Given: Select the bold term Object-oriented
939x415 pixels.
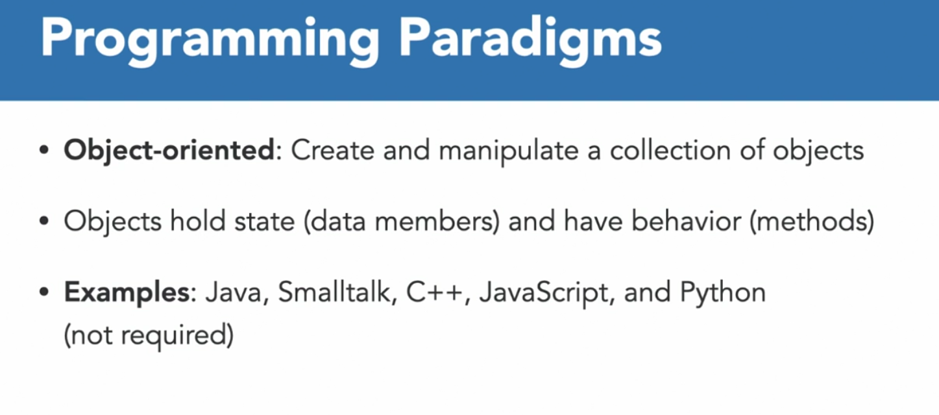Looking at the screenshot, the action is pos(169,151).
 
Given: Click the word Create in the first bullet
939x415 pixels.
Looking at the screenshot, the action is pos(332,150).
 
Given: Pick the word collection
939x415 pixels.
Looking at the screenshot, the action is pos(670,150).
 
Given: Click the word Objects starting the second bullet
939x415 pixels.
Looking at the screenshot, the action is pos(112,221).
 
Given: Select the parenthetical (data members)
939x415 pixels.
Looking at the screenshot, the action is pos(402,221).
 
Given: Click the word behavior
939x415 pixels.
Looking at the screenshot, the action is pos(686,221).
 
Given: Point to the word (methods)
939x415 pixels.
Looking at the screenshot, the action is pos(812,221).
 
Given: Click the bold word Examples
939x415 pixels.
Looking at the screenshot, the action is pos(127,293).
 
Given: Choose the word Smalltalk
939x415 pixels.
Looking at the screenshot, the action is pos(334,292).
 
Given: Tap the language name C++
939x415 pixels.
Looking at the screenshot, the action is pos(434,292).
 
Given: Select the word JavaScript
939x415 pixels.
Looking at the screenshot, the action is pos(544,293).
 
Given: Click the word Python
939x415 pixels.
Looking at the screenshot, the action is pos(723,293).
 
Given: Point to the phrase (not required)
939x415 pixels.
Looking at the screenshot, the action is pos(149,335).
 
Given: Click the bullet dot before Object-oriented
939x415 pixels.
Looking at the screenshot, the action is pos(44,150).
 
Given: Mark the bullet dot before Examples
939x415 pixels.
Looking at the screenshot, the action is pos(44,292).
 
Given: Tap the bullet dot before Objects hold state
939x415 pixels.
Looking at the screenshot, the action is pos(44,221).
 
